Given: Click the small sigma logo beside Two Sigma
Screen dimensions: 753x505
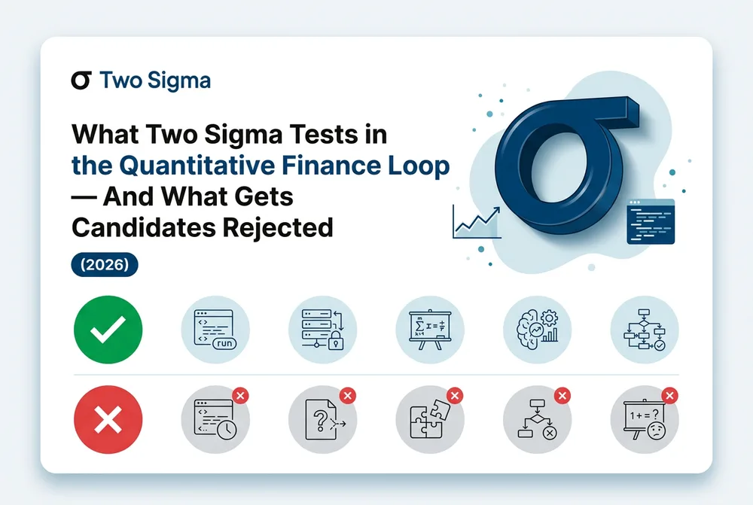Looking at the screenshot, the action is tap(81, 81).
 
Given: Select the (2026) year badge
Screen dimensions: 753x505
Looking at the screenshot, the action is tap(105, 264).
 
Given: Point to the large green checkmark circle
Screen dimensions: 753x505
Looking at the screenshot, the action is tap(108, 330).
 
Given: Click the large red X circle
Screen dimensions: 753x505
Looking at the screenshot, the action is tap(108, 419).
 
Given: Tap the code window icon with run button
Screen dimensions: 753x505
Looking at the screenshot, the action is tap(215, 330).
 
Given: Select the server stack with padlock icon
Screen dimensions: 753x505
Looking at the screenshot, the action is tap(323, 330).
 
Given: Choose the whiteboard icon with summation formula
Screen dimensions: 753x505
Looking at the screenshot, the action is tap(430, 330).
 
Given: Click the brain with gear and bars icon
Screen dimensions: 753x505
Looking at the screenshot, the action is tap(538, 330).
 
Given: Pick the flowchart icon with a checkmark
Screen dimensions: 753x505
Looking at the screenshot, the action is tap(645, 330).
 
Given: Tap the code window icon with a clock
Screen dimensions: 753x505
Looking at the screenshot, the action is tap(215, 419).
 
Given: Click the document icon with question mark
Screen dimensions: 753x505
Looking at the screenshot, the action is tap(323, 419).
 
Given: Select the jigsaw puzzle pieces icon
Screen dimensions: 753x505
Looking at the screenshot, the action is tap(430, 419).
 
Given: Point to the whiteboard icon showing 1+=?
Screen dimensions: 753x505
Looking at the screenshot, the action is tap(645, 419).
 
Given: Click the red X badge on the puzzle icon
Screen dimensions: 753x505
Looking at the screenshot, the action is tap(455, 396).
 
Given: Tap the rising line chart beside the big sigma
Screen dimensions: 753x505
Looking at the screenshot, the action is tap(477, 222).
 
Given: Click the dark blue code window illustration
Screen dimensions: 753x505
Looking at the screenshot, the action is tap(651, 221).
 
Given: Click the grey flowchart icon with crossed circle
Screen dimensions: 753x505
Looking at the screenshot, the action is tap(538, 419).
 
